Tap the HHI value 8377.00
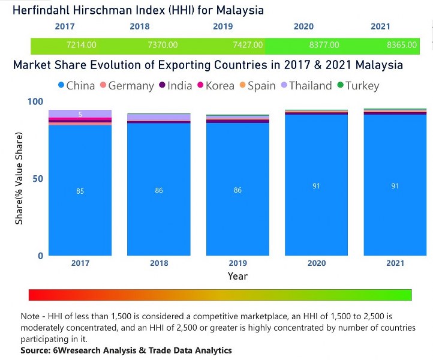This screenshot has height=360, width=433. pyautogui.click(x=325, y=45)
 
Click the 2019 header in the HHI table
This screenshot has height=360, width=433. pyautogui.click(x=223, y=26)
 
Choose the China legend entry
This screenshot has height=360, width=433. pyautogui.click(x=75, y=86)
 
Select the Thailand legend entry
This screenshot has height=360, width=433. pyautogui.click(x=305, y=86)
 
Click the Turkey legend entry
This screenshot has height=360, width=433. pyautogui.click(x=358, y=86)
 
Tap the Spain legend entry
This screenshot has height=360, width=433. pyautogui.click(x=256, y=86)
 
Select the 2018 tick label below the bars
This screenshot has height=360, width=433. pyautogui.click(x=159, y=263)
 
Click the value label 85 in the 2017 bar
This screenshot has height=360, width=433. pyautogui.click(x=80, y=191)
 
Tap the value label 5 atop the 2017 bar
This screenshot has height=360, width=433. pyautogui.click(x=80, y=114)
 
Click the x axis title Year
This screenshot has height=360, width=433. pyautogui.click(x=237, y=276)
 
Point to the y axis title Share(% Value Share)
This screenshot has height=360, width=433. pyautogui.click(x=19, y=180)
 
